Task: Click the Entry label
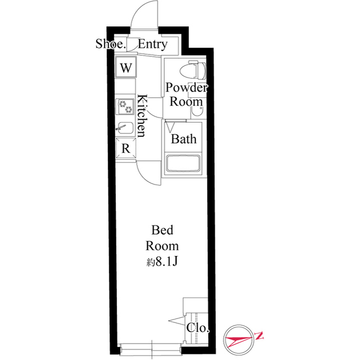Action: point(152,44)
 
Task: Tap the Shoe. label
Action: point(110,44)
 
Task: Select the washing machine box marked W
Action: point(126,67)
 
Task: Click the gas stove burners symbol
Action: point(125,106)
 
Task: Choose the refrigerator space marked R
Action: point(126,148)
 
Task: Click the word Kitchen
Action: point(142,115)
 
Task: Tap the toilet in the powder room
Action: point(193,70)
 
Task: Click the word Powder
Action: point(186,88)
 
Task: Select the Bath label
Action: point(184,139)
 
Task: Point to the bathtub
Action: point(183,163)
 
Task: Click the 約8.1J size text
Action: point(163,262)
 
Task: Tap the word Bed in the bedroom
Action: point(162,230)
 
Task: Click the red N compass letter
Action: point(259,336)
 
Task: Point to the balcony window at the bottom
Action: point(151,349)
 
